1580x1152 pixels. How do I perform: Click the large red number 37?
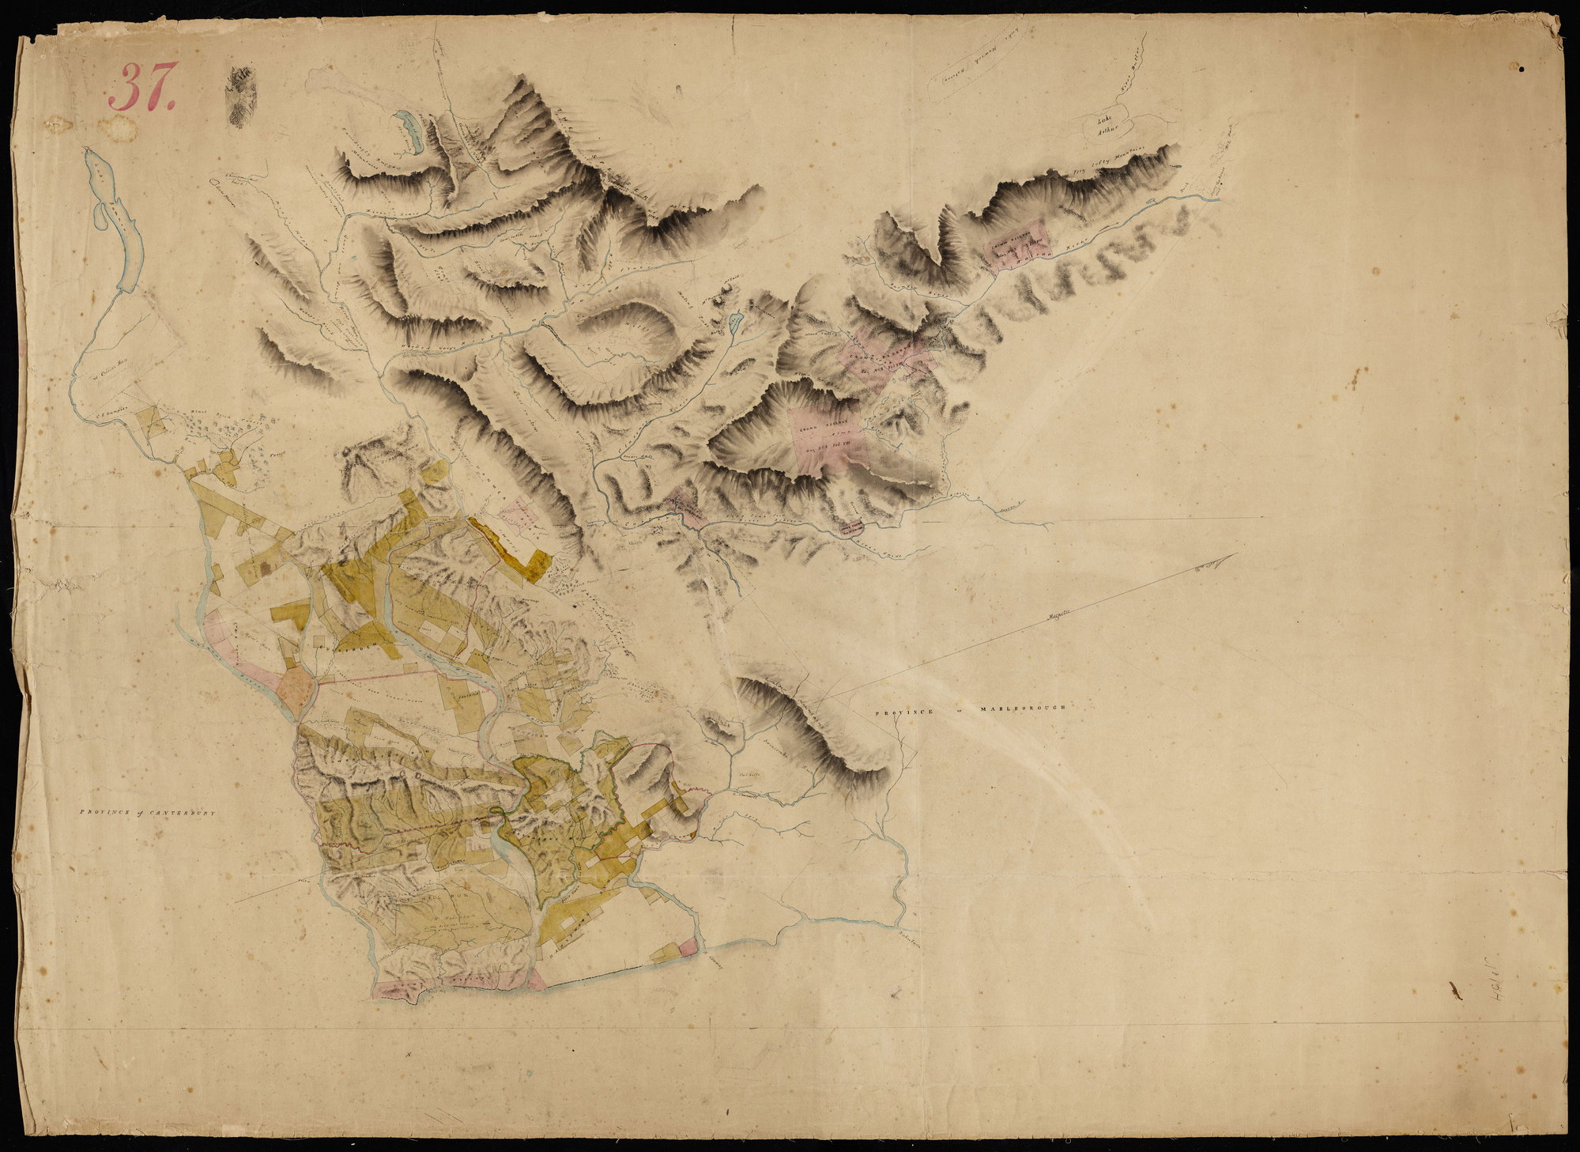(143, 88)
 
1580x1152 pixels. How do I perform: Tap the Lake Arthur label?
(1111, 127)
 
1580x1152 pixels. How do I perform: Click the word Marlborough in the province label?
(1023, 708)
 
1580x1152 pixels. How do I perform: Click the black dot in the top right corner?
(1521, 69)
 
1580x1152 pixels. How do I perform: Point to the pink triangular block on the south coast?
(536, 980)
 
